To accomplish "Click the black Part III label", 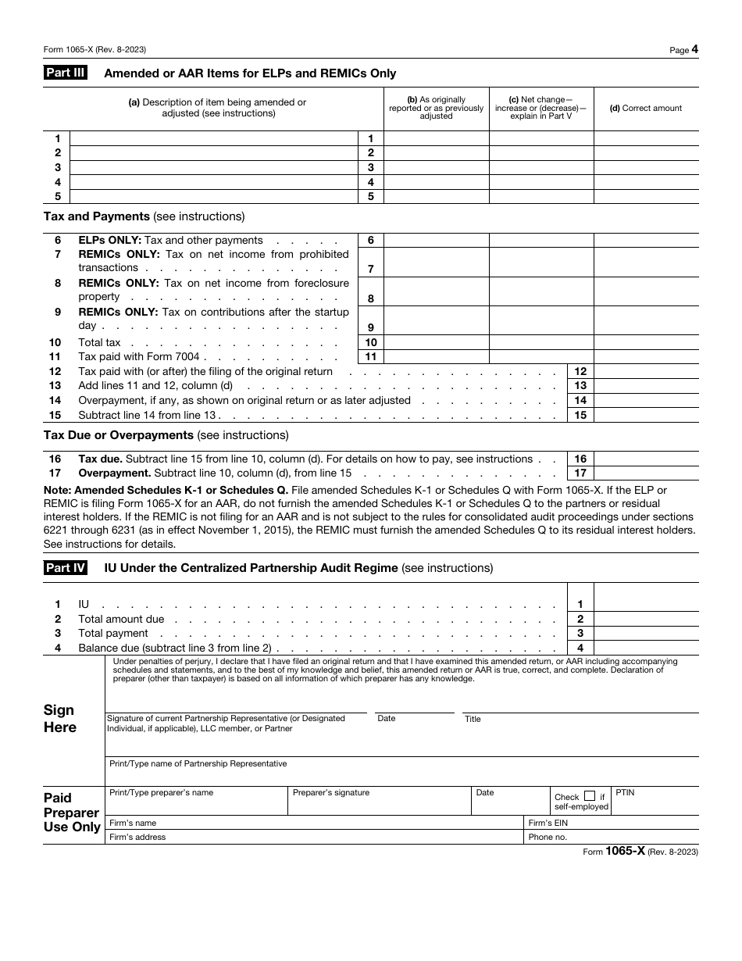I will tap(64, 73).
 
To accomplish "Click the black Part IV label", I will tap(64, 568).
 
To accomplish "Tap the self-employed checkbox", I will tap(590, 796).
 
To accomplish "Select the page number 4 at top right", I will tap(694, 49).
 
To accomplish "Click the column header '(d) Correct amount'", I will tap(646, 109).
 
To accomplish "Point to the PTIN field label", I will tap(625, 792).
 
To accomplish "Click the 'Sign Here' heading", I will tap(60, 719).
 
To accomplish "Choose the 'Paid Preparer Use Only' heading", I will tap(72, 813).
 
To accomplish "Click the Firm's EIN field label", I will tap(548, 823).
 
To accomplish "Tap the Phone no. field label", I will tap(548, 837).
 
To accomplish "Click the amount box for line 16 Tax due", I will tap(646, 459).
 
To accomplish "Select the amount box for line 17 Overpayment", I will tap(646, 473).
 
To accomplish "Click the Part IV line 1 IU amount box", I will tap(646, 604).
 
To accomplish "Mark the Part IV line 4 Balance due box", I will tap(646, 648).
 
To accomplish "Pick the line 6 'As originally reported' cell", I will tap(437, 241).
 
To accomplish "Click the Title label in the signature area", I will tap(473, 719).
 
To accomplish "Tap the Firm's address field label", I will tap(137, 837).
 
